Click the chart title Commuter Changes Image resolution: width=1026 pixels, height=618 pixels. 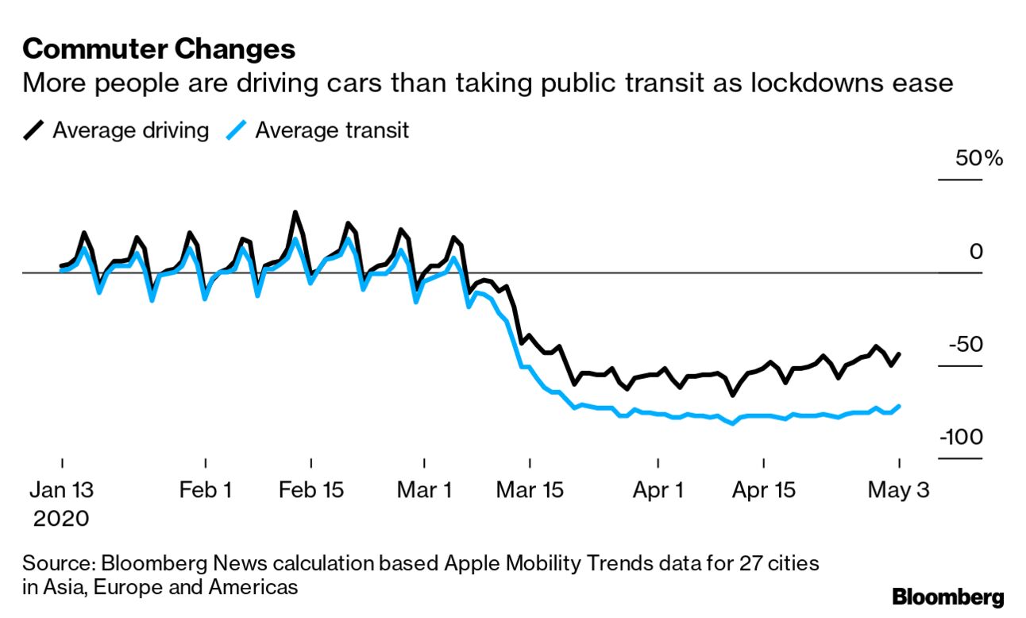[x=159, y=50]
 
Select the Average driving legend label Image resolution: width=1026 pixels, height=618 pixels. [x=130, y=129]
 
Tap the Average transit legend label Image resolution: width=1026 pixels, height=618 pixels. [x=331, y=129]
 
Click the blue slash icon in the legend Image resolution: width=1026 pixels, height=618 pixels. [x=236, y=129]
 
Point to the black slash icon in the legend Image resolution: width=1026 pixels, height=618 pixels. [x=34, y=129]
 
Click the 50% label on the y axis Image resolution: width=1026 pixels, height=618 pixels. [x=978, y=159]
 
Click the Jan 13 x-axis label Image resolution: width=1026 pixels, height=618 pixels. [x=60, y=490]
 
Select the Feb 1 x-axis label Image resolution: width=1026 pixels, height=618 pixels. [x=206, y=490]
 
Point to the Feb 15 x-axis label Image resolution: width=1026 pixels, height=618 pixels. [x=311, y=490]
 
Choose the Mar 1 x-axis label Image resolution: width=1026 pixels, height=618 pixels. [x=424, y=490]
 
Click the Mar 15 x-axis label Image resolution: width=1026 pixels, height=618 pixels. [x=529, y=490]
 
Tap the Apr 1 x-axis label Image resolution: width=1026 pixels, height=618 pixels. [x=658, y=490]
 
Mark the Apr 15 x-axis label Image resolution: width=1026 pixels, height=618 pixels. [x=763, y=490]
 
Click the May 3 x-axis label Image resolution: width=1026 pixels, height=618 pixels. [x=899, y=490]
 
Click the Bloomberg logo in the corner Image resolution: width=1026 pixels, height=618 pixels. [x=947, y=597]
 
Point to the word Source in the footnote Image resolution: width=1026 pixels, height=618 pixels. [x=57, y=564]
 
